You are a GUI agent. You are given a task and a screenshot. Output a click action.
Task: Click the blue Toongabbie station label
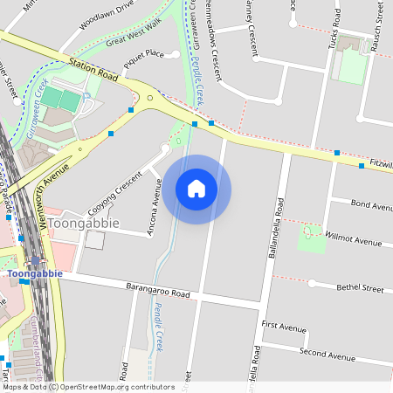click(35, 273)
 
